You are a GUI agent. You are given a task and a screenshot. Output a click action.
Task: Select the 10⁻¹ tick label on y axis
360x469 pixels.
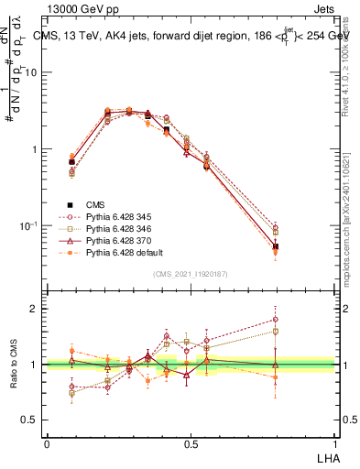click(28, 225)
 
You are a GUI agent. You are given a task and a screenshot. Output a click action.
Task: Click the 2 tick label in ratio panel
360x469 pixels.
click(34, 309)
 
